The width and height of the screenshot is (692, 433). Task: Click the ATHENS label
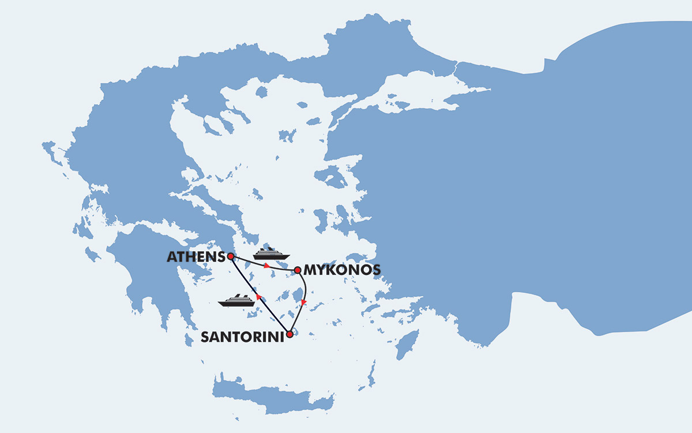pos(195,257)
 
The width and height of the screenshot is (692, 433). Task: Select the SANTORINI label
pos(242,337)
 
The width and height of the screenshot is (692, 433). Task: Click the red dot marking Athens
pos(230,256)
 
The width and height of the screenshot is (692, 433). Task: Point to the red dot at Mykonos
pos(297,270)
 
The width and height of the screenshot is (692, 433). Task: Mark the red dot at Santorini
pos(289,333)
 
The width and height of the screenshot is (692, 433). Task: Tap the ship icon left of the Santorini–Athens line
pos(236,300)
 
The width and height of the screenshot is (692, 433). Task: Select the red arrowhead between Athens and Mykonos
pos(266,266)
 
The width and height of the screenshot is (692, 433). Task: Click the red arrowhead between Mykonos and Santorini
pos(304,302)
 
